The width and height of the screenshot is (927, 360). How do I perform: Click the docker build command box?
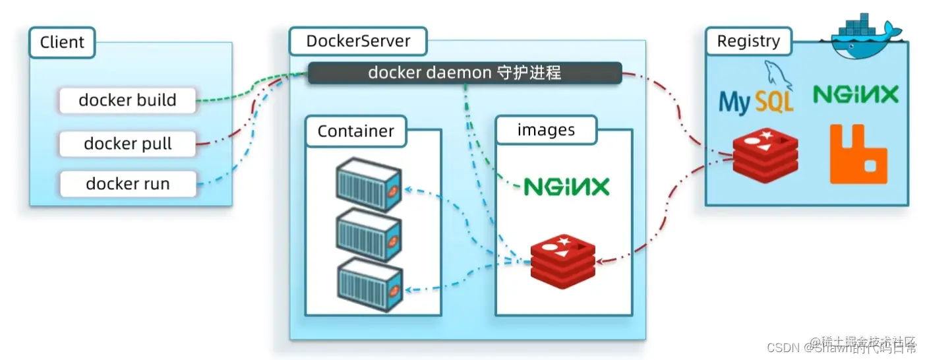pos(128,100)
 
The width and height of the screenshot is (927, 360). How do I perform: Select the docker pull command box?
pos(128,144)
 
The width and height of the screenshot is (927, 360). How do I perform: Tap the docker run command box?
pos(128,184)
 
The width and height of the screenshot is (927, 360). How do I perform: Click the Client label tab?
pos(62,42)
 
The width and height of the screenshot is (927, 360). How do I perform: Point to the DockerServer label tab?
pos(358,41)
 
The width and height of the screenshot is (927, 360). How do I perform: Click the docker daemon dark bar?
pos(465,73)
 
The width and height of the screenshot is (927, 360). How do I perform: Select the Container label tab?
pos(355,131)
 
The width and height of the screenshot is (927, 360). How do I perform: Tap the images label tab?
pos(546,130)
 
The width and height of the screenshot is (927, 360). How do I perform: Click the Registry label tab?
pos(748,42)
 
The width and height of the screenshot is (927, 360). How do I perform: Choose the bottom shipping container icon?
pos(369,284)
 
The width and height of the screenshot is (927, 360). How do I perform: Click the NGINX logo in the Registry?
pos(855,94)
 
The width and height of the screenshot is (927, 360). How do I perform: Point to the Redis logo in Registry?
pos(765,156)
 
